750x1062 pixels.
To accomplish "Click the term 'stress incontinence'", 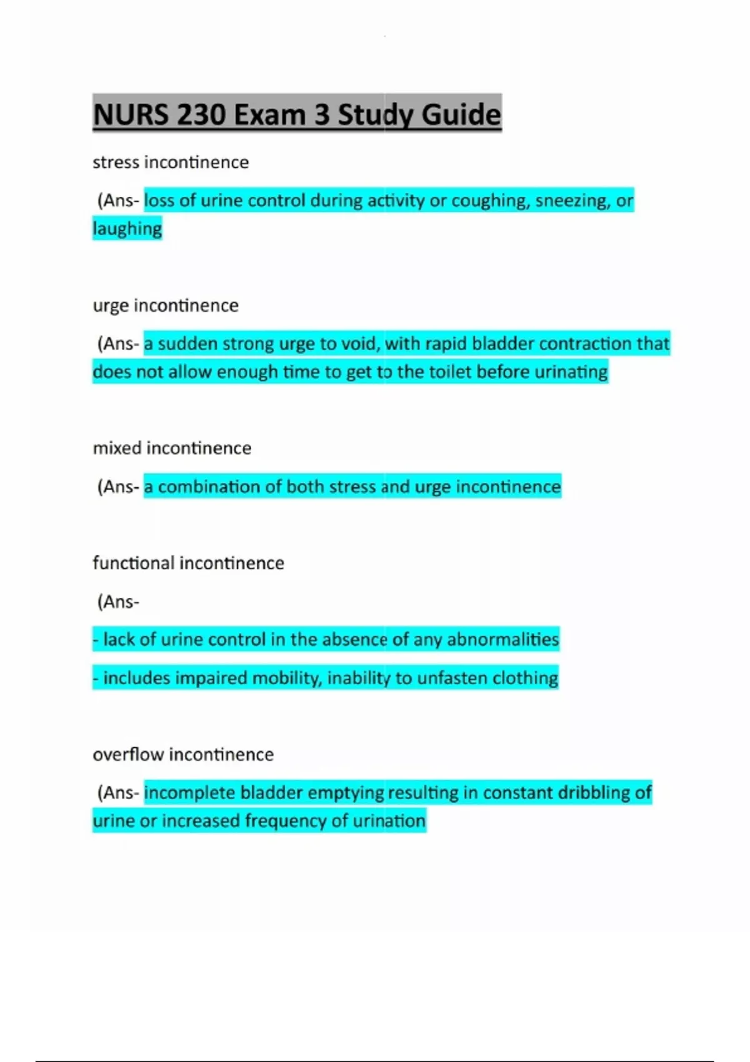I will coord(171,162).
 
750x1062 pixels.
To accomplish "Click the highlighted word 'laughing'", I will coord(127,229).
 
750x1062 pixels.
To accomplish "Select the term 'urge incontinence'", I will coord(166,305).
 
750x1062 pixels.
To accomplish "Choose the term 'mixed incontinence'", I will coord(172,448).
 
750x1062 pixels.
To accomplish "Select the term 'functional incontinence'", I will coord(188,563).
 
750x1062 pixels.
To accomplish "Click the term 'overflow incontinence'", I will coord(183,755).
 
